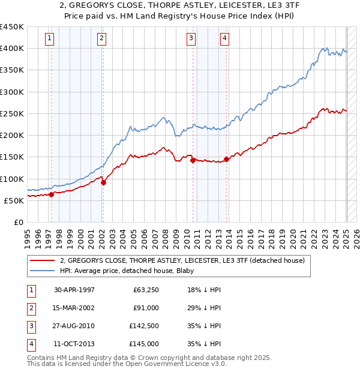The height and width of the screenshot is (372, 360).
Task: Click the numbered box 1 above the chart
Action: (x=49, y=39)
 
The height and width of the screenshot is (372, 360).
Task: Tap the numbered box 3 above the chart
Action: (x=190, y=39)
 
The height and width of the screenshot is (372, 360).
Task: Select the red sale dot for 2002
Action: (x=103, y=183)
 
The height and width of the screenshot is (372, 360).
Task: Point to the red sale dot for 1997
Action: (x=52, y=194)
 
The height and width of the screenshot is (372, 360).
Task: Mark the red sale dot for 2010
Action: (x=193, y=160)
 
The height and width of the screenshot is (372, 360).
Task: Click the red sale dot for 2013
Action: (x=226, y=159)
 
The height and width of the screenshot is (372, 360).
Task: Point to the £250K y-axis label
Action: (x=11, y=113)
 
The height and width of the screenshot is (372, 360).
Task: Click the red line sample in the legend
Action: (x=43, y=260)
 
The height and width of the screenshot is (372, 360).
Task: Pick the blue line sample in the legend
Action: (x=43, y=271)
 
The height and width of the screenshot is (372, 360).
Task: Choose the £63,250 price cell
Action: (x=145, y=290)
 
